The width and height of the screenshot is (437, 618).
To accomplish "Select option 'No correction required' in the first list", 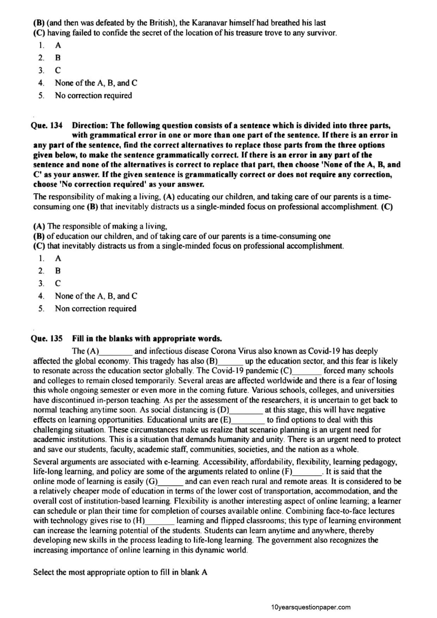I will [93, 96].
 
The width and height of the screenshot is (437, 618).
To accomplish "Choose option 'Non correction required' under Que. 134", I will [95, 309].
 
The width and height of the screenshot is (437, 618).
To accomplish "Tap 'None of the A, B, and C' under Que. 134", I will [96, 296].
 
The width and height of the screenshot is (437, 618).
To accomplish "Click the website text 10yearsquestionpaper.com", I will [311, 607].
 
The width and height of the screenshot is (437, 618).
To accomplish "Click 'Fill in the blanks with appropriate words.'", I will [147, 339].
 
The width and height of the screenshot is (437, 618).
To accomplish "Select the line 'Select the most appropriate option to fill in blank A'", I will [120, 573].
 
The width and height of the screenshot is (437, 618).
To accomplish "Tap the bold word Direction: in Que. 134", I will [90, 126].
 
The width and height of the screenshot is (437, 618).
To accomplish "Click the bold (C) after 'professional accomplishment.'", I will [387, 207].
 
